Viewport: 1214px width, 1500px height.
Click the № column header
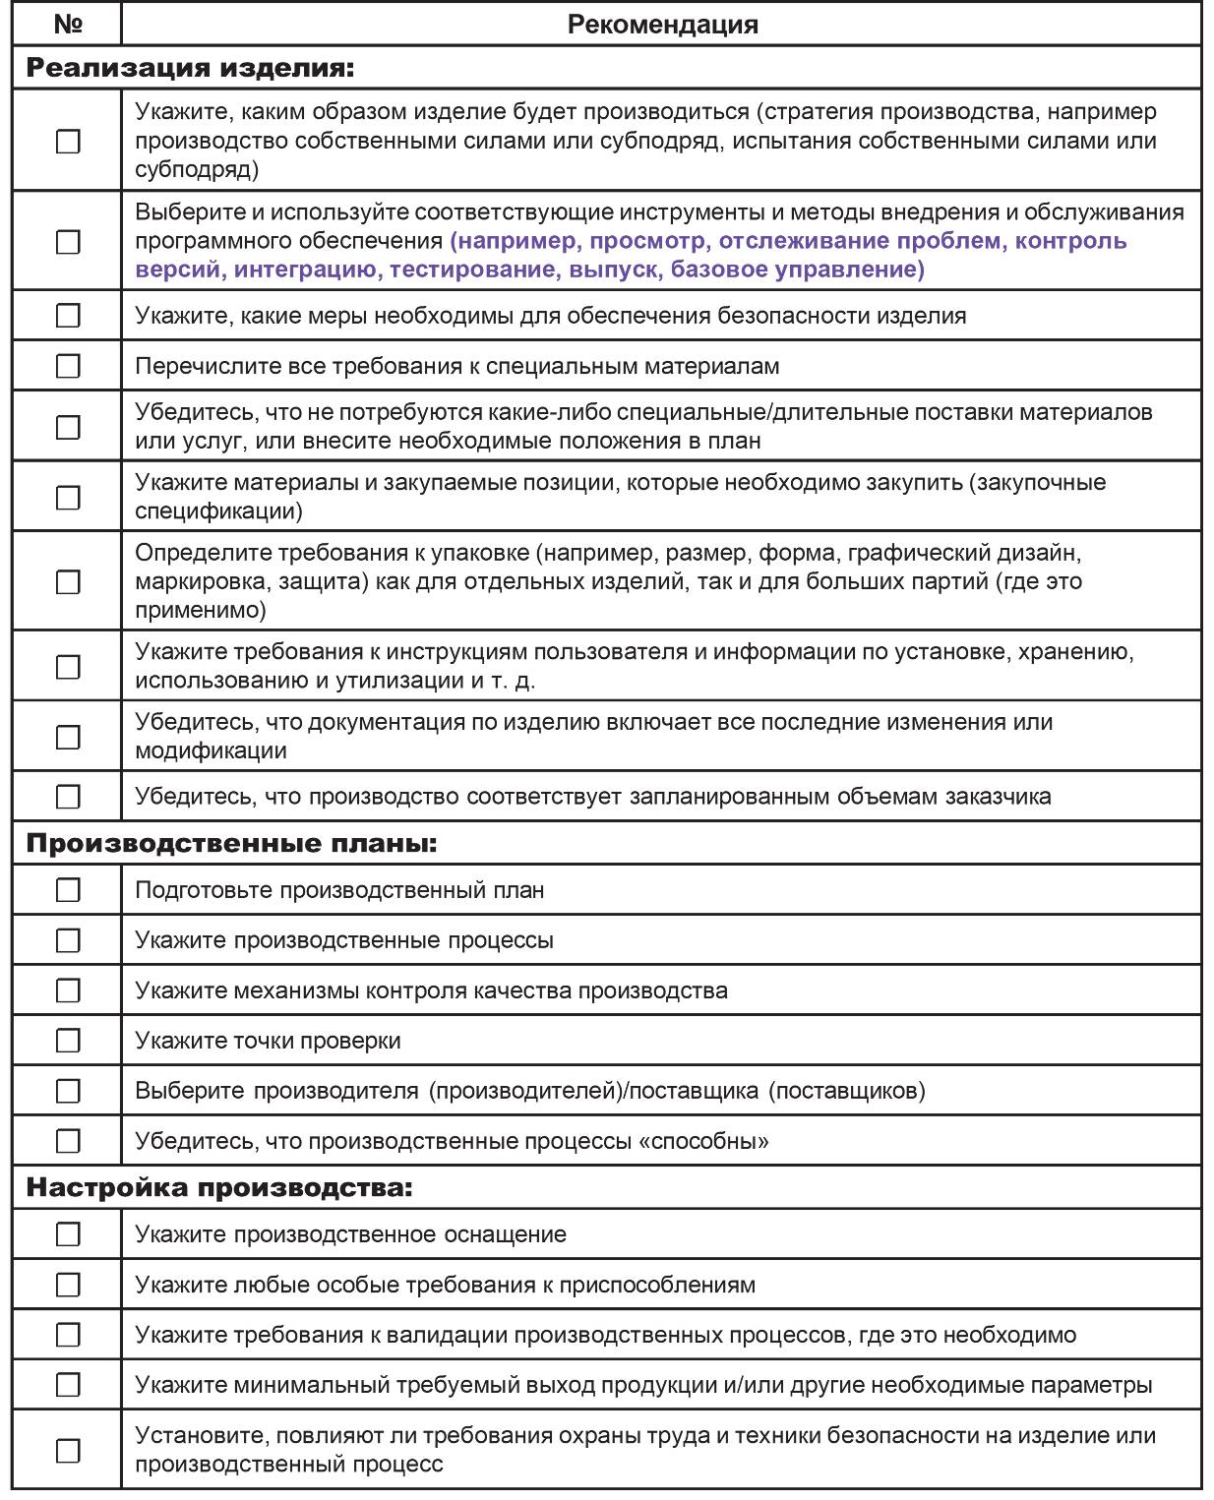[67, 24]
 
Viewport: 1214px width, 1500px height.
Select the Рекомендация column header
[662, 25]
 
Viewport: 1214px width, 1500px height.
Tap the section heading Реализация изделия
[189, 69]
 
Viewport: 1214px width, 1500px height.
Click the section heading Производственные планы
[231, 844]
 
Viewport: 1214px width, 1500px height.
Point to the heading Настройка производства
[218, 1188]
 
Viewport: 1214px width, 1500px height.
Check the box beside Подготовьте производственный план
[68, 890]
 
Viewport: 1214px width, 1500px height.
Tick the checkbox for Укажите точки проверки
[68, 1041]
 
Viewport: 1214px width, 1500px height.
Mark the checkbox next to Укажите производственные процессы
[68, 940]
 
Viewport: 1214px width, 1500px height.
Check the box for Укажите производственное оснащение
[68, 1234]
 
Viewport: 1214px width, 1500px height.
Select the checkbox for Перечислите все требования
[68, 367]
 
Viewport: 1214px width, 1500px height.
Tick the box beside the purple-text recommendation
[68, 241]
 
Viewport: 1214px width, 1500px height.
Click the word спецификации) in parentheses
[218, 511]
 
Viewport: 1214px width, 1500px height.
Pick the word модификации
[211, 750]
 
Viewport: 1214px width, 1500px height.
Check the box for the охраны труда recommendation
[68, 1450]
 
